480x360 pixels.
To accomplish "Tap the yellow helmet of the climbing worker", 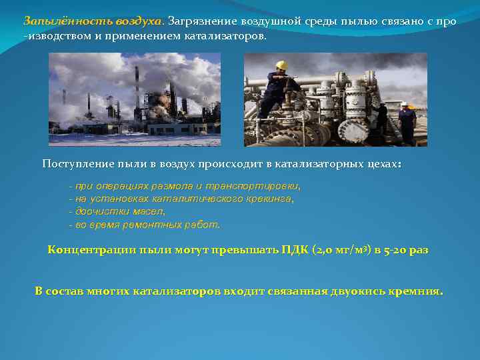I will [x=281, y=65].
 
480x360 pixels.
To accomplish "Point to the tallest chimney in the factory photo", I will [x=137, y=87].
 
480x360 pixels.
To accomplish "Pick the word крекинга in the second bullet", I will [x=270, y=199].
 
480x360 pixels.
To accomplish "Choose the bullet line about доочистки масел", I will [x=119, y=211].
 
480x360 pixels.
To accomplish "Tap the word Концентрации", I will [x=83, y=250].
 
